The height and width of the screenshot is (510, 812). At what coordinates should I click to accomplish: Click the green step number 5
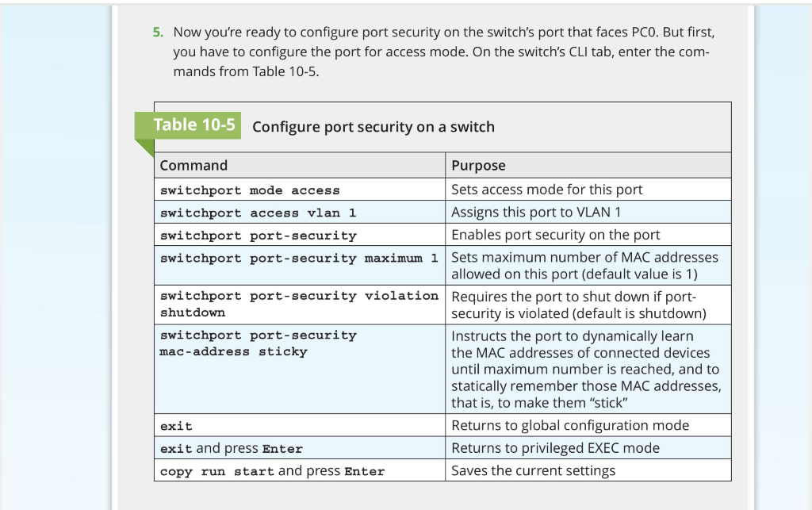click(158, 33)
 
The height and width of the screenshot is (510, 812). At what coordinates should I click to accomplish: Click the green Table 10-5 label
click(194, 125)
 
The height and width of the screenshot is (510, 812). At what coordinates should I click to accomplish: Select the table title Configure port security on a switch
click(373, 127)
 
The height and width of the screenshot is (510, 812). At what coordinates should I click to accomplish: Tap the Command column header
click(193, 166)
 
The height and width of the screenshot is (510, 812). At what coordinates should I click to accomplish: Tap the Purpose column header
click(478, 166)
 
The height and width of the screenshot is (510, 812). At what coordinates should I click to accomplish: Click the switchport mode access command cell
click(250, 190)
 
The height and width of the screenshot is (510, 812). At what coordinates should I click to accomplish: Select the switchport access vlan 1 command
click(258, 213)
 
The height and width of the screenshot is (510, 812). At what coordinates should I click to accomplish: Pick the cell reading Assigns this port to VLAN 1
click(536, 212)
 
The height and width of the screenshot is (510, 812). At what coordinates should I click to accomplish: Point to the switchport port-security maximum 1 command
click(298, 259)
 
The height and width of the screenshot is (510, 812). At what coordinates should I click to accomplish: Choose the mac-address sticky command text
click(233, 351)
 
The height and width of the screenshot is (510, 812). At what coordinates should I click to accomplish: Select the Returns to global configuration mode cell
click(569, 426)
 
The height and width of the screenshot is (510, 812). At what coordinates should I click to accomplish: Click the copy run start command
click(217, 471)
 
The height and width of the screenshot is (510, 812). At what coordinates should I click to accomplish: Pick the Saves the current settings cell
click(533, 471)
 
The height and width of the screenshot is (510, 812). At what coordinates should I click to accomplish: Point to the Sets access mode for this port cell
click(546, 190)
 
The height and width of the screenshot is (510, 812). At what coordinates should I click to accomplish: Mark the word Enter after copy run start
click(364, 471)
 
